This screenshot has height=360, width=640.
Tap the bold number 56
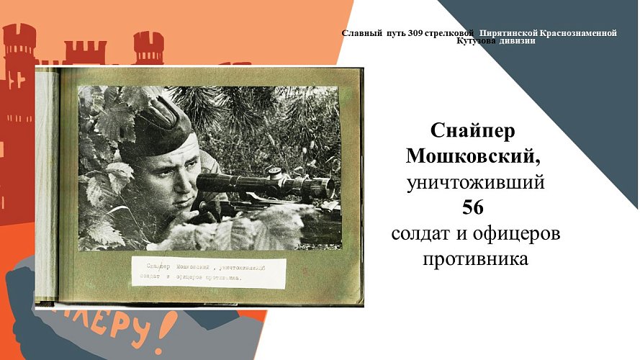click(475, 208)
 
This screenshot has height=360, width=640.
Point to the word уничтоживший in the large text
click(475, 182)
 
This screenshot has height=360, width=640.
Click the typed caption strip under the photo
click(208, 271)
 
